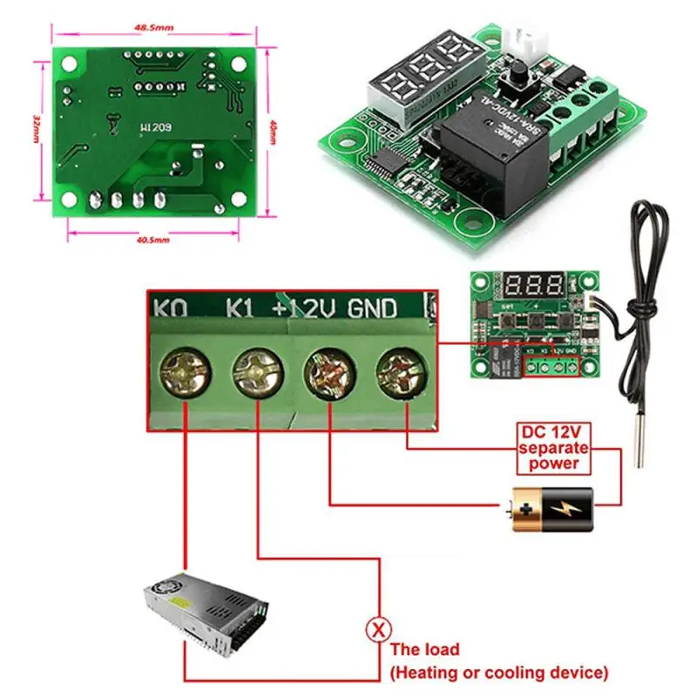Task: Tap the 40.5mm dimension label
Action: point(152,240)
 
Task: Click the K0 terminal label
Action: point(169,308)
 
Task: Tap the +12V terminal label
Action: point(306,308)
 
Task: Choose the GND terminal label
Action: point(373,308)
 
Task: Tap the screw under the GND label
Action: point(398,374)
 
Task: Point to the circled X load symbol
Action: point(378,627)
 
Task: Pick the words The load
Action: point(424,649)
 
